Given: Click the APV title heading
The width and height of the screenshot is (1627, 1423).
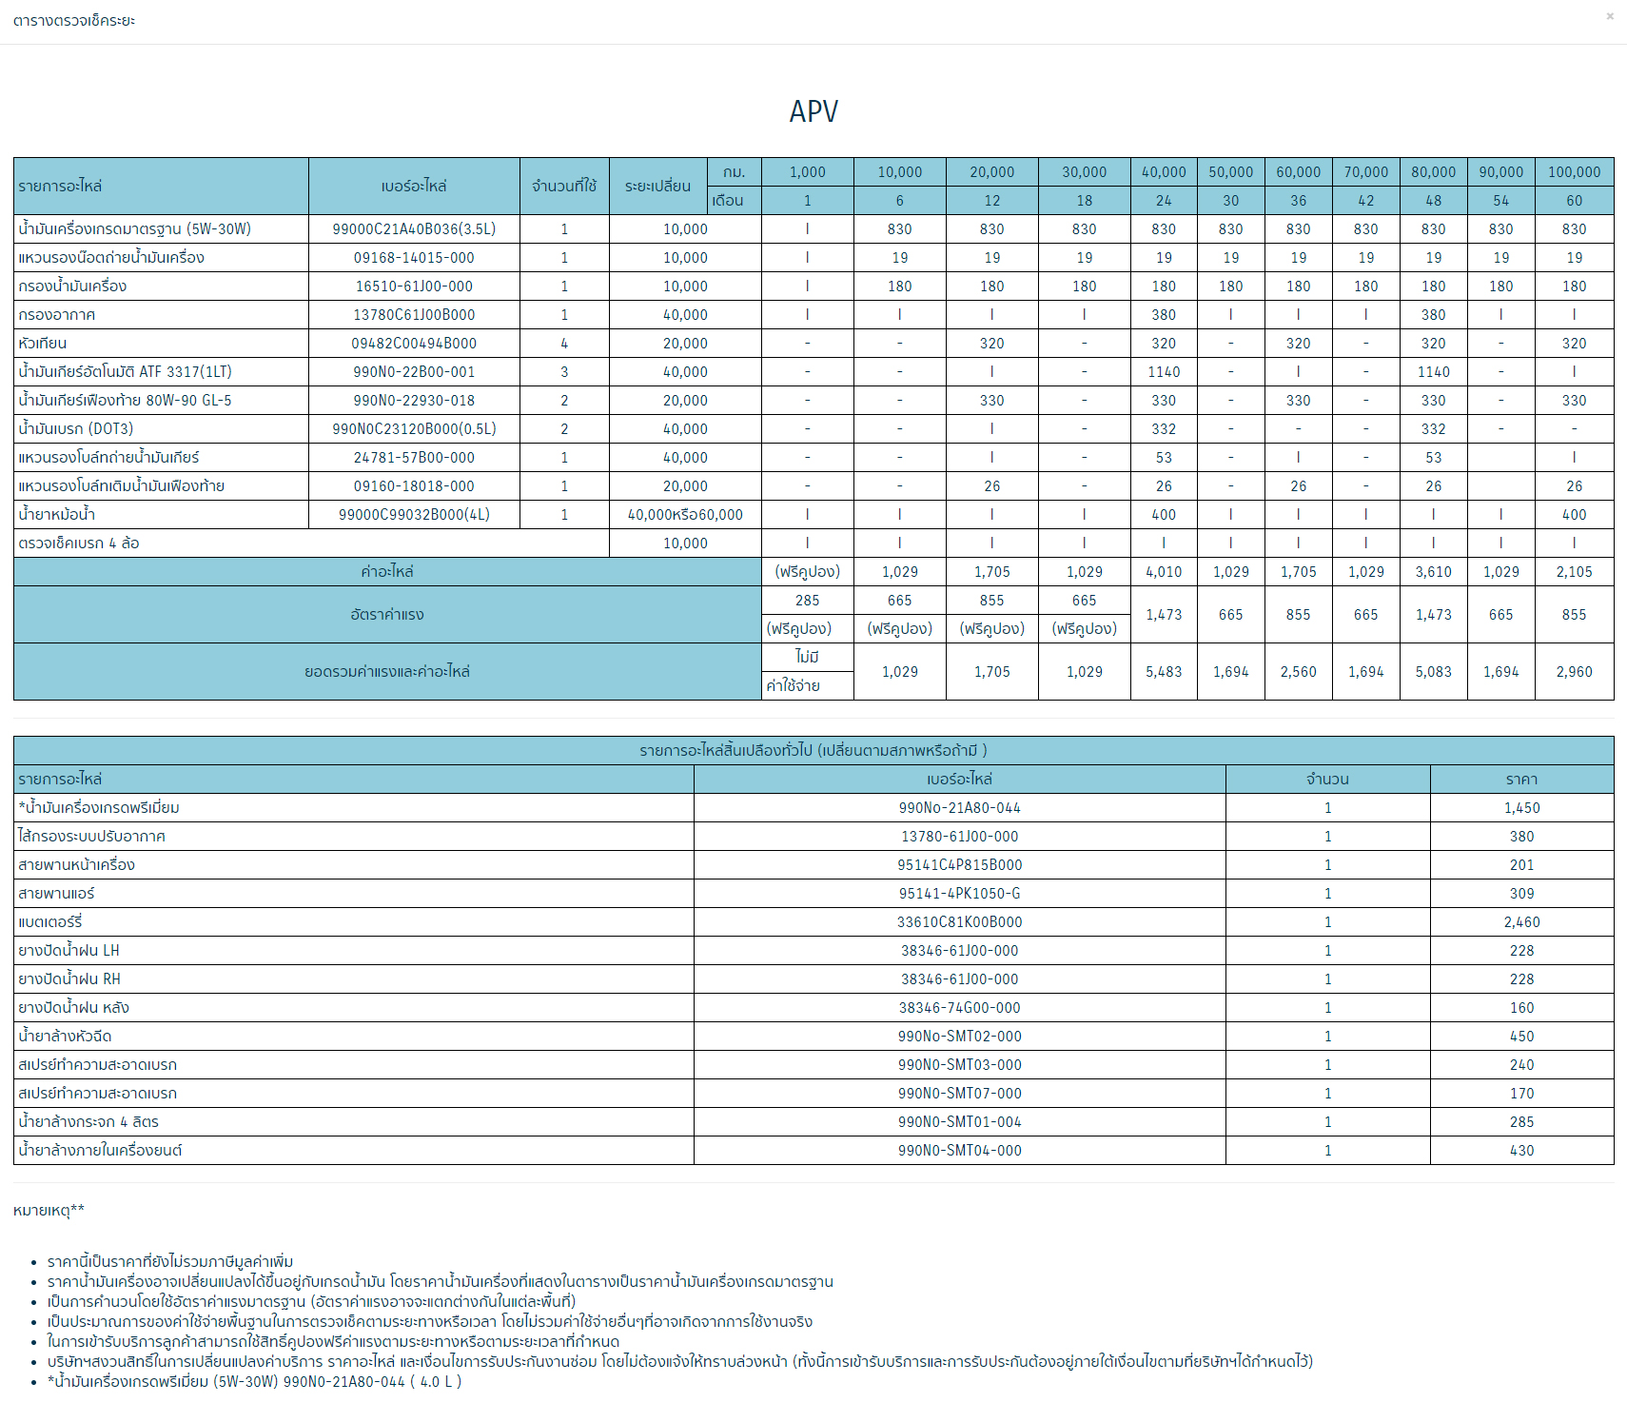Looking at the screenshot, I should point(813,111).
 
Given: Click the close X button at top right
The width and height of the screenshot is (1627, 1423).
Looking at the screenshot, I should point(1610,16).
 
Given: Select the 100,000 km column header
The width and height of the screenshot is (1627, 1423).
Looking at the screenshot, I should point(1574,172).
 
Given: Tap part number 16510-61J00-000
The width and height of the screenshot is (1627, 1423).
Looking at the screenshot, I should point(414,287).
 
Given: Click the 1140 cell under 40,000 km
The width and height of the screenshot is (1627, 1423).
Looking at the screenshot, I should point(1164,372).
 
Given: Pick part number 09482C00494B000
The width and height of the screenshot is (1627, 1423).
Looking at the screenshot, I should point(414,344).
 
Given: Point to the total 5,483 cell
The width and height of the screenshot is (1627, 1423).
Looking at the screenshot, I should point(1164,672).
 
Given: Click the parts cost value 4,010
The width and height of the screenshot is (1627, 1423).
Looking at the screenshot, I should point(1164,572).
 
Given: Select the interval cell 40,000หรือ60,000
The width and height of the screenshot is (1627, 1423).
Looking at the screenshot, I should point(685,515).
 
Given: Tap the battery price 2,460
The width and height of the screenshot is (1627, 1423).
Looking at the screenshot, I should point(1521,922).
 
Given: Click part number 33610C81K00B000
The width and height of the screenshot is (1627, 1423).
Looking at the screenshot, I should point(959,922).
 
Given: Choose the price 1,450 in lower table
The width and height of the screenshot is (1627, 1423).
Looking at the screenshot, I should point(1521,808).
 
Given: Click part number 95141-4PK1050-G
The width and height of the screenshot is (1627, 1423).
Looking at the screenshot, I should point(959,894).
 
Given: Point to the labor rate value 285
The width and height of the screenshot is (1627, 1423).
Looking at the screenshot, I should point(807,601).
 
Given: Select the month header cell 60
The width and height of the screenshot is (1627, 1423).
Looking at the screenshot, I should point(1574,201).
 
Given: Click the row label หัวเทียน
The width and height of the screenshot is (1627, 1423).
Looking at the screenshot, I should point(43,344).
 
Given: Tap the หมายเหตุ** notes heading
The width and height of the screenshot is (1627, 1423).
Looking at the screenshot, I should point(49,1211).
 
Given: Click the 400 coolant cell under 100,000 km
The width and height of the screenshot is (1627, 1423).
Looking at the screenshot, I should point(1574,515).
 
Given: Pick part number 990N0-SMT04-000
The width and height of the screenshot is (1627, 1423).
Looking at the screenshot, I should point(959,1151).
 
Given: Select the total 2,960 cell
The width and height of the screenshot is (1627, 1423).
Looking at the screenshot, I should point(1574,672).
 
